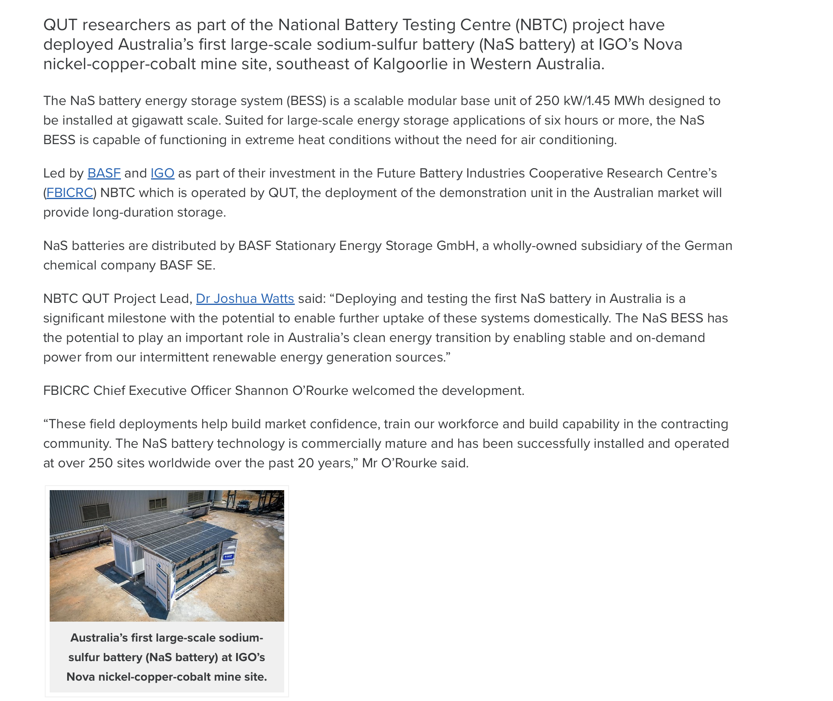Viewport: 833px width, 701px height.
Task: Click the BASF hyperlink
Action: (x=104, y=173)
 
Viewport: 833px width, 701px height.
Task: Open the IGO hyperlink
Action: (x=162, y=173)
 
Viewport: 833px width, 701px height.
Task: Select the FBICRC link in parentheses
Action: (x=70, y=193)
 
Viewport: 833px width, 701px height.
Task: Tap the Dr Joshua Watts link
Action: (x=245, y=299)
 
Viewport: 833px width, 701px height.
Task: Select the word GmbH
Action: (x=455, y=246)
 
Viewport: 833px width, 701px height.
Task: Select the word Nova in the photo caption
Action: (x=81, y=677)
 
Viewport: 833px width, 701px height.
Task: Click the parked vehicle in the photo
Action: (x=243, y=506)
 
